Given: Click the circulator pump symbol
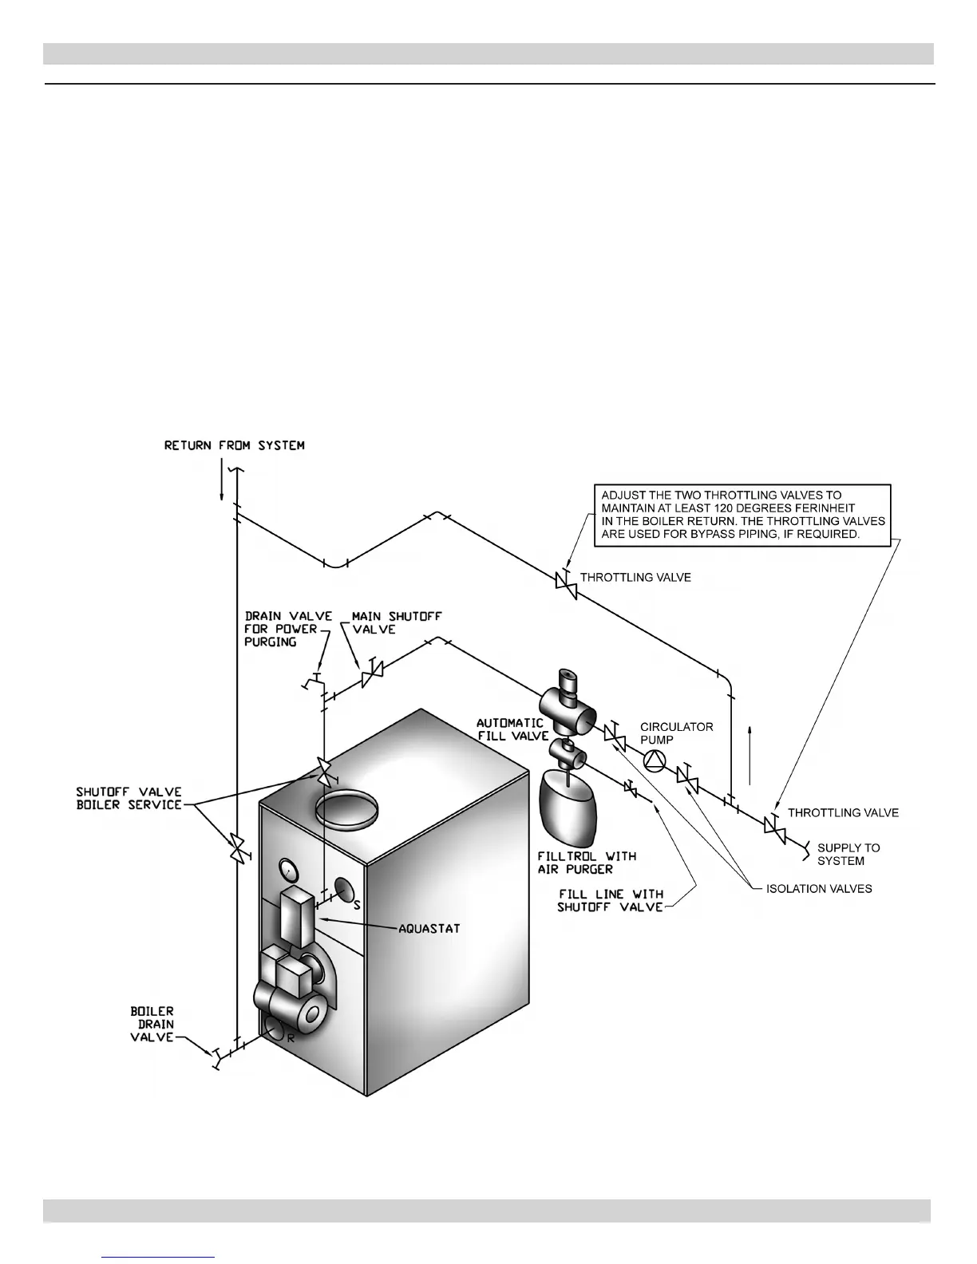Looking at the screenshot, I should pyautogui.click(x=654, y=761).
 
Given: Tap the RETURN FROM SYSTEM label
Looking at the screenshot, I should pyautogui.click(x=234, y=445).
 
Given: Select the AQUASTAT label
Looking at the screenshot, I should pyautogui.click(x=429, y=928).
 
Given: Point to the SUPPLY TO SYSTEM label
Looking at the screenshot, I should pyautogui.click(x=848, y=854).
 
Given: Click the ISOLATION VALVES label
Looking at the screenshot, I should pyautogui.click(x=819, y=888).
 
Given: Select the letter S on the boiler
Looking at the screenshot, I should pyautogui.click(x=357, y=905).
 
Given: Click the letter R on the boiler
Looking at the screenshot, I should pyautogui.click(x=291, y=1038).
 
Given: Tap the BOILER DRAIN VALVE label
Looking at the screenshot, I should pyautogui.click(x=152, y=1024).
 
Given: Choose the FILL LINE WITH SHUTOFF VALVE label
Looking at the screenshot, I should pyautogui.click(x=611, y=900).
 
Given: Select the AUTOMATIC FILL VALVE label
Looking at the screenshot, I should pyautogui.click(x=512, y=729).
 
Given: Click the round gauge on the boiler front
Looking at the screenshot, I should pyautogui.click(x=285, y=868).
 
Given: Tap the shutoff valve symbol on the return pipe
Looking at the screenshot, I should pyautogui.click(x=237, y=847).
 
